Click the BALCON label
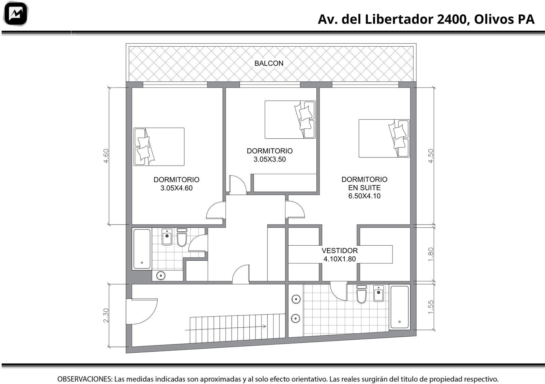pyautogui.click(x=269, y=63)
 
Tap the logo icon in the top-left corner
pyautogui.click(x=16, y=14)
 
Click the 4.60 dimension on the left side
pyautogui.click(x=106, y=156)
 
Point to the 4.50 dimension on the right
pyautogui.click(x=431, y=156)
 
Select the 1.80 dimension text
pyautogui.click(x=431, y=254)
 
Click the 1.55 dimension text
pyautogui.click(x=431, y=307)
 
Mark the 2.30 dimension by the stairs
pyautogui.click(x=106, y=316)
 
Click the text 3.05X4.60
pyautogui.click(x=176, y=188)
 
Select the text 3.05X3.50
pyautogui.click(x=269, y=159)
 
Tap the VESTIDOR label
pyautogui.click(x=340, y=251)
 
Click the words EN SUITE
pyautogui.click(x=364, y=188)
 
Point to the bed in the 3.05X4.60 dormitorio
pyautogui.click(x=159, y=147)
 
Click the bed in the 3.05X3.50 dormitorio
pyautogui.click(x=290, y=120)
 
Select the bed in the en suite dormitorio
pyautogui.click(x=384, y=138)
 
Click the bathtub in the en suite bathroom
pyautogui.click(x=400, y=307)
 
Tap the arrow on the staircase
pyautogui.click(x=225, y=328)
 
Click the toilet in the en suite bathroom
pyautogui.click(x=361, y=294)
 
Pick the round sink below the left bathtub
pyautogui.click(x=161, y=276)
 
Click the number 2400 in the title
pyautogui.click(x=452, y=19)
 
